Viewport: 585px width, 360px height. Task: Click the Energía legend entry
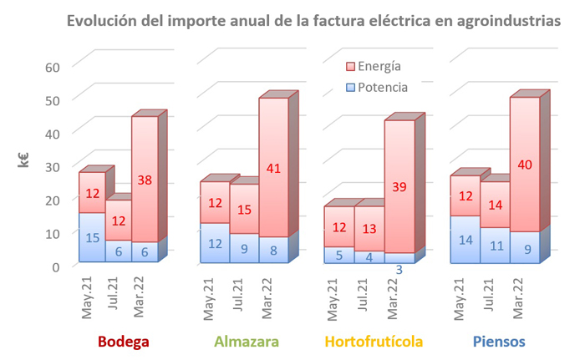click(373, 66)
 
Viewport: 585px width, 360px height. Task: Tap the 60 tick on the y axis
click(53, 67)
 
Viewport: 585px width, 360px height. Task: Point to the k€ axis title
click(25, 160)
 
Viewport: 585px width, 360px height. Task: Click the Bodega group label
click(123, 342)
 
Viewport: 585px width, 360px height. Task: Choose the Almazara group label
click(247, 342)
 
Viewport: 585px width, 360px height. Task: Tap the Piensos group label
click(500, 342)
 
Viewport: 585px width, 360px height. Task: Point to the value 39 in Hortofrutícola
click(399, 187)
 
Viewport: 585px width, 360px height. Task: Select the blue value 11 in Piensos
click(495, 246)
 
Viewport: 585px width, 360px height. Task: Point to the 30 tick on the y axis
click(53, 166)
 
